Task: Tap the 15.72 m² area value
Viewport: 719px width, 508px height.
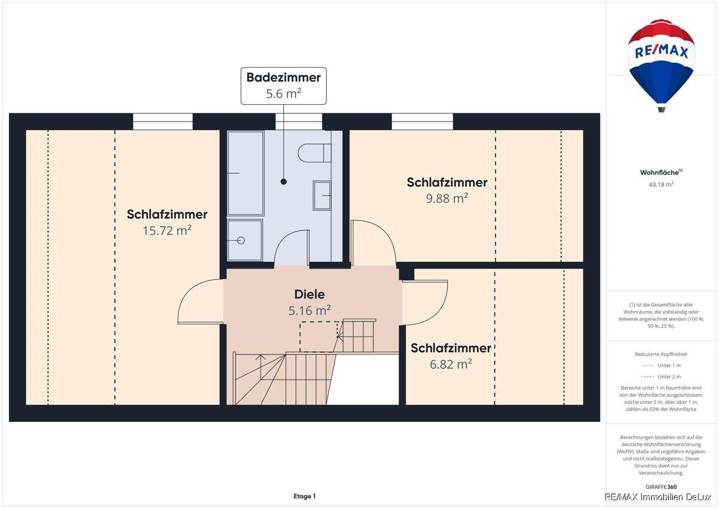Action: click(167, 231)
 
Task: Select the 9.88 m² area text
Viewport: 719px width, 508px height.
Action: click(447, 198)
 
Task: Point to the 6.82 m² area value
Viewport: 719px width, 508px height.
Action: click(451, 364)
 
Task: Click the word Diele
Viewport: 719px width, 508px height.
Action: click(309, 294)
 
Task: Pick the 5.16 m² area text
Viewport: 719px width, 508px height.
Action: click(309, 310)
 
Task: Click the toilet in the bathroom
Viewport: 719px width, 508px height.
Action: click(314, 153)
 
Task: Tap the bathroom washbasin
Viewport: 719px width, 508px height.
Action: click(322, 195)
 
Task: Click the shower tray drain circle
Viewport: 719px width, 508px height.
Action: click(241, 240)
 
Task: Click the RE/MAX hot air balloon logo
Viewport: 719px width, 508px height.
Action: click(661, 63)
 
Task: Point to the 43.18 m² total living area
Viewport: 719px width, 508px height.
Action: click(661, 185)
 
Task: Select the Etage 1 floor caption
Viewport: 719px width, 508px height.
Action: click(304, 496)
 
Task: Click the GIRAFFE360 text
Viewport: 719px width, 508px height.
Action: click(661, 487)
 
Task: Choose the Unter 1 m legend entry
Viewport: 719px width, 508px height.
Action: click(661, 365)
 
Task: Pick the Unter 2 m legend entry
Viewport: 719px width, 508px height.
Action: click(661, 376)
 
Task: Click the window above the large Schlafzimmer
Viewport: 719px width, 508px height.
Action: click(162, 122)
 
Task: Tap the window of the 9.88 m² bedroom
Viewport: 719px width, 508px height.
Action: click(422, 122)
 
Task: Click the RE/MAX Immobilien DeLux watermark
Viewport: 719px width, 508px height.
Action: click(660, 497)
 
